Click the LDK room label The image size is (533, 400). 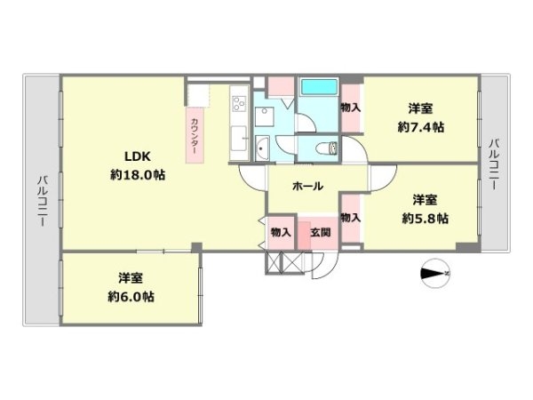coord(138,156)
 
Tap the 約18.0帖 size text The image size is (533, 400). coord(138,175)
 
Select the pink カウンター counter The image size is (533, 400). coord(195,135)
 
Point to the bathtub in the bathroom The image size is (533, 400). coord(319,87)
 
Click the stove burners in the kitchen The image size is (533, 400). coord(239,103)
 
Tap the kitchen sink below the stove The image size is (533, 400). coord(239,139)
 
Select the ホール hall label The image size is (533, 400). coord(307,186)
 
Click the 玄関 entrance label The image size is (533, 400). coord(320,233)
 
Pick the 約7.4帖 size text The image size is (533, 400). coord(421,127)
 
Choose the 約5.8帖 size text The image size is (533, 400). coord(425,218)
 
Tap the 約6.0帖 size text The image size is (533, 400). coord(131,297)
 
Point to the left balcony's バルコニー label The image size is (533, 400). coord(43,201)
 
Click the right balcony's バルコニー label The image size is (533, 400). coord(494,164)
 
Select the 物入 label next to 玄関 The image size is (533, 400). coord(281,233)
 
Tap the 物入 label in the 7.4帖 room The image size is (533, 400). coord(351,108)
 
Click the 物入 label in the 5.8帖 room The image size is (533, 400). coord(351,218)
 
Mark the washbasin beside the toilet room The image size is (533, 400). coord(262,148)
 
